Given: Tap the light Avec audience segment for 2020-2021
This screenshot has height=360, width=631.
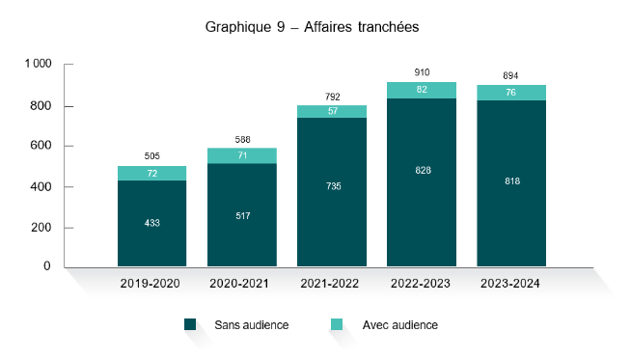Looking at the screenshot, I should tap(241, 155).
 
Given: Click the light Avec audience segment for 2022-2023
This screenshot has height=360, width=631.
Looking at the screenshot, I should tap(421, 90).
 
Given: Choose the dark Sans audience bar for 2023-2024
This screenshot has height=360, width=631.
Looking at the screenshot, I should tap(510, 208).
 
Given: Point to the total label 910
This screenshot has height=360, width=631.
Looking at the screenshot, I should tap(422, 71).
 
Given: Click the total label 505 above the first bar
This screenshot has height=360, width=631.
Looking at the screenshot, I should tap(151, 156).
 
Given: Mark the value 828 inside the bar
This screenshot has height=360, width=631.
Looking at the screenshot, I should tap(422, 170).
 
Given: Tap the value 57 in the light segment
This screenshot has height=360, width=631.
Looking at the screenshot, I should tap(331, 111).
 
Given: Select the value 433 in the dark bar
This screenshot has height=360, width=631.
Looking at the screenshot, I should tap(151, 223).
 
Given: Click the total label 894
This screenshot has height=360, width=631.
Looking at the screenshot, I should tap(511, 75).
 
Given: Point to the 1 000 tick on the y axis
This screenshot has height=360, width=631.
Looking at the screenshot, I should tap(38, 65).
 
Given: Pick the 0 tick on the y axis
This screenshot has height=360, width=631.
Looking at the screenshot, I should tap(46, 266).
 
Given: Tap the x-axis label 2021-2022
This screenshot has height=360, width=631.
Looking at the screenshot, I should tap(331, 284).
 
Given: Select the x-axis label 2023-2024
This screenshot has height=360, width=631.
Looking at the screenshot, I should tap(511, 284).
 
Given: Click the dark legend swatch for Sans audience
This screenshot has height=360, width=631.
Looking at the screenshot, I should tap(190, 325).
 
